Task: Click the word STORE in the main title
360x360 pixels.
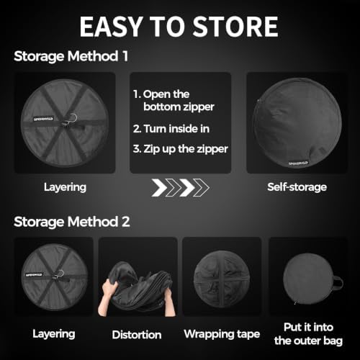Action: (235, 27)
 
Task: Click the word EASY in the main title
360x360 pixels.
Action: (111, 27)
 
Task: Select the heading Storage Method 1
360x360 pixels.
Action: (71, 56)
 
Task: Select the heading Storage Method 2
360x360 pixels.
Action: (72, 222)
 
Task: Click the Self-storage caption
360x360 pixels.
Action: (297, 187)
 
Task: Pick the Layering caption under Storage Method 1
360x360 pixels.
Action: (65, 187)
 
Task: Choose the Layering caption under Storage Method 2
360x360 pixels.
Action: (54, 334)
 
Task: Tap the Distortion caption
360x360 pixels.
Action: (137, 335)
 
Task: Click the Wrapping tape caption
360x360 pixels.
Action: (222, 334)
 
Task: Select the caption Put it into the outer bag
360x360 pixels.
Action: (308, 334)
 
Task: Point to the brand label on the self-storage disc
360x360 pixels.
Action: (298, 163)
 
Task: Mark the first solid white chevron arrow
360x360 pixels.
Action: (159, 187)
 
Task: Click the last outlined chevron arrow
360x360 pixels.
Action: (201, 187)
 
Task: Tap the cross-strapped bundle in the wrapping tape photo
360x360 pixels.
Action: (222, 279)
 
